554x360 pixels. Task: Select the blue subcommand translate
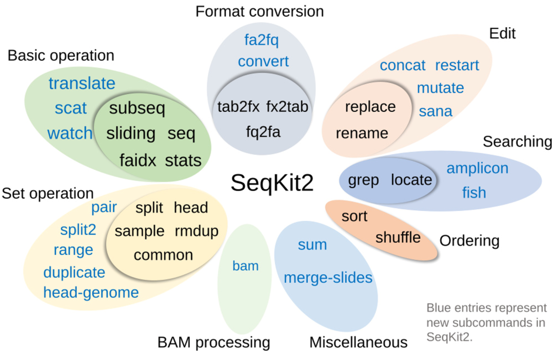pyautogui.click(x=82, y=84)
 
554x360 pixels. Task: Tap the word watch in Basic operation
pyautogui.click(x=70, y=134)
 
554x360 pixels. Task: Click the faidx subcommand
pyautogui.click(x=137, y=161)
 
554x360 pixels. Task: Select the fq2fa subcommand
pyautogui.click(x=263, y=133)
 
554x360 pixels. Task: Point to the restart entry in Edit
pyautogui.click(x=457, y=66)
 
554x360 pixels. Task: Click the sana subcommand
pyautogui.click(x=436, y=111)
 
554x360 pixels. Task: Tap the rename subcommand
pyautogui.click(x=362, y=133)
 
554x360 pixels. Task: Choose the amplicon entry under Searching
pyautogui.click(x=477, y=168)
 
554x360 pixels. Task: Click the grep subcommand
pyautogui.click(x=363, y=180)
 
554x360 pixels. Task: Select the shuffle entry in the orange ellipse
pyautogui.click(x=398, y=237)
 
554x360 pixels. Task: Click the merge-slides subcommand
pyautogui.click(x=328, y=278)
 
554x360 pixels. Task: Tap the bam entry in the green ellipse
pyautogui.click(x=245, y=266)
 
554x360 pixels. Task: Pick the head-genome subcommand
pyautogui.click(x=91, y=293)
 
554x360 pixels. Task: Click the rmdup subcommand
pyautogui.click(x=196, y=231)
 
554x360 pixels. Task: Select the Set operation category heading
pyautogui.click(x=48, y=193)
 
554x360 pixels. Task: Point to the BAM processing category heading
pyautogui.click(x=213, y=342)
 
